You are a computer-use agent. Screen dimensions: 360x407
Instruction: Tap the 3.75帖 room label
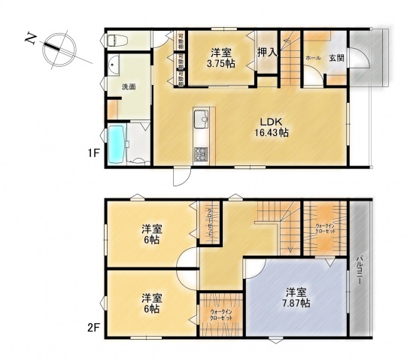click(220, 58)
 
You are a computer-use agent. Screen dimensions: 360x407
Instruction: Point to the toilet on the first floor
click(117, 39)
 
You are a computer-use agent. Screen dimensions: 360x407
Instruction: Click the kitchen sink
click(202, 120)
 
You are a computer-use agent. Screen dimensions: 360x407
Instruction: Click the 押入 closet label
click(266, 52)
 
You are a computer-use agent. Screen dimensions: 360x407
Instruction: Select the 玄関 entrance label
click(336, 57)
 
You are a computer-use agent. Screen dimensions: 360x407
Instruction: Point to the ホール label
click(313, 57)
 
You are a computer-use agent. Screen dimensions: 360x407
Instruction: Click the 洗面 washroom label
click(129, 86)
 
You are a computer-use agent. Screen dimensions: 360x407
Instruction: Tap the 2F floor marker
click(93, 328)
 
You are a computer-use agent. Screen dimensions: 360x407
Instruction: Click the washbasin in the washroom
click(115, 66)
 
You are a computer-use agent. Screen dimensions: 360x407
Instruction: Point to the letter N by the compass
click(29, 38)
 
